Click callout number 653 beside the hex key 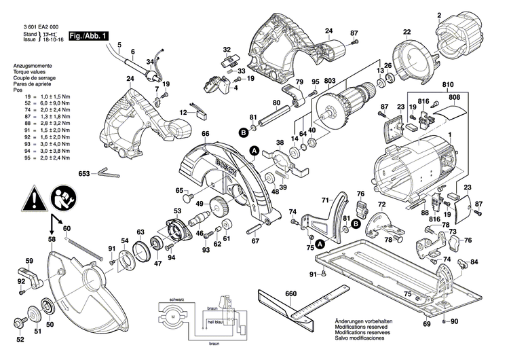[85, 173]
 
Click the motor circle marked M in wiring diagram [172, 317]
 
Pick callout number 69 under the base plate [427, 325]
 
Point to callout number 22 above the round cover [407, 32]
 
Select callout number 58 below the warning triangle [52, 239]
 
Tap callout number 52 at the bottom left [20, 340]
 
